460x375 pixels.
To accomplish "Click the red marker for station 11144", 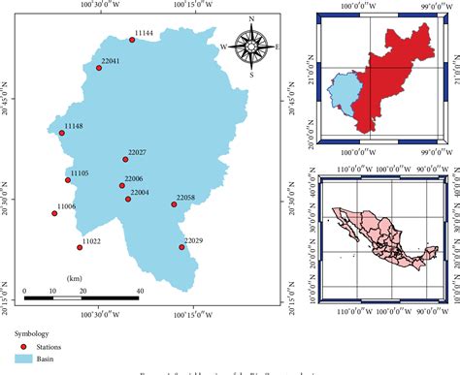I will (132, 41).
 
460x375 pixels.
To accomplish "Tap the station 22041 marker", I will (98, 68).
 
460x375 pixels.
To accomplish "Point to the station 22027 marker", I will (125, 159).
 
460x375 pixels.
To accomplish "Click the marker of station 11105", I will (68, 179).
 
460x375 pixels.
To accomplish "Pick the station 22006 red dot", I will (122, 185).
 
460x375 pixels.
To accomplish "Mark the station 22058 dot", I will (174, 204).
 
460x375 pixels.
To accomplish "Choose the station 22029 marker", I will (181, 246).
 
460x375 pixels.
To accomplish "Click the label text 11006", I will (66, 206).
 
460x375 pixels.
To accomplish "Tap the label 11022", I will (91, 240).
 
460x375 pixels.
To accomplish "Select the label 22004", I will (140, 193).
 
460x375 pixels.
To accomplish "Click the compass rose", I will (251, 46).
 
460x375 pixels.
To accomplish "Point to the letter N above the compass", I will (251, 19).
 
